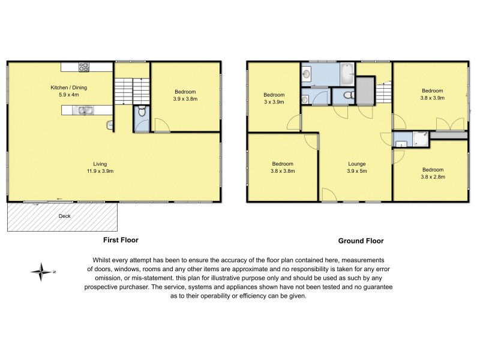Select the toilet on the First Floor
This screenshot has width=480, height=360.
tap(140, 111)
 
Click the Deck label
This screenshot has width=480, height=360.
tap(65, 216)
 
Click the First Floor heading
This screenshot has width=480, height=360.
tap(119, 239)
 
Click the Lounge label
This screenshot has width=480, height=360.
tap(356, 164)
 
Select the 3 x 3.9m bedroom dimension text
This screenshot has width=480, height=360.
tap(274, 102)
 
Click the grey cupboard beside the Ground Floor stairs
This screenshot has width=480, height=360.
tap(364, 91)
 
